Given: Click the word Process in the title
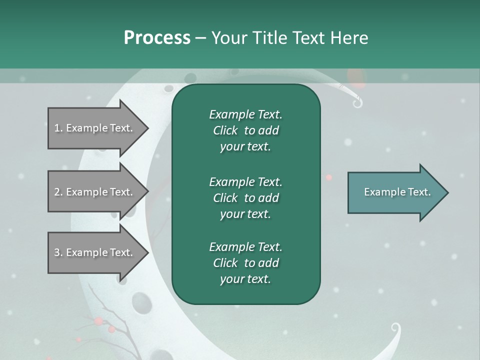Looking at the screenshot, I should pyautogui.click(x=157, y=38).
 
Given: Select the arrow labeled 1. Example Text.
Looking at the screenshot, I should pyautogui.click(x=97, y=128).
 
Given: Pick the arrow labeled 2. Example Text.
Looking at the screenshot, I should pyautogui.click(x=97, y=192).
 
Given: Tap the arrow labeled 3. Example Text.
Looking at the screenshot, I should pyautogui.click(x=97, y=252).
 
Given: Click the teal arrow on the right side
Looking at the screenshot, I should pyautogui.click(x=397, y=192).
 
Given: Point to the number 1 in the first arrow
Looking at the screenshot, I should pyautogui.click(x=57, y=128).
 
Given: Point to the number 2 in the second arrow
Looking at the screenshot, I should pyautogui.click(x=57, y=192).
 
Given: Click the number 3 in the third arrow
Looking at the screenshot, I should pyautogui.click(x=57, y=252).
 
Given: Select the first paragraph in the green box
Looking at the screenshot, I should pyautogui.click(x=245, y=130).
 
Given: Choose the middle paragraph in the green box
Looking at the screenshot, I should pyautogui.click(x=245, y=197).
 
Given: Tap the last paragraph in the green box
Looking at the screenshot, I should pyautogui.click(x=245, y=263).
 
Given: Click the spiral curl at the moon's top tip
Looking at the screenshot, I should pyautogui.click(x=357, y=103).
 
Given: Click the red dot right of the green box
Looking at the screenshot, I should pyautogui.click(x=328, y=177).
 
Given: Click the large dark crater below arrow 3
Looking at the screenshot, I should pyautogui.click(x=136, y=301).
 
